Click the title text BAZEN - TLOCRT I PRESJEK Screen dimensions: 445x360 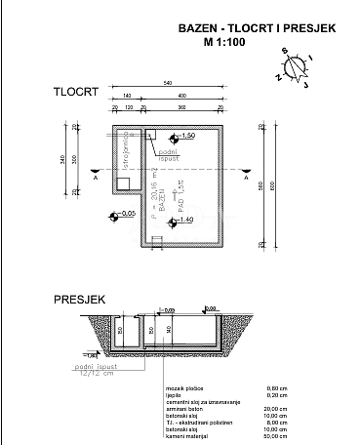258,29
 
